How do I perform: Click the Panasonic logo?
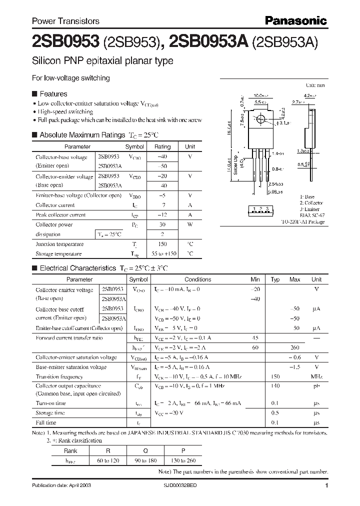(295, 20)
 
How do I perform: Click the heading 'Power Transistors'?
(65, 21)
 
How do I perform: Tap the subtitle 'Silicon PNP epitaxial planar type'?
(102, 61)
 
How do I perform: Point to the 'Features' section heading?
(53, 93)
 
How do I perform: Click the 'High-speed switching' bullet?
(65, 111)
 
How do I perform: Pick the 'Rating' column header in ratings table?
(162, 147)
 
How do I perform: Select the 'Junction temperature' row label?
(59, 244)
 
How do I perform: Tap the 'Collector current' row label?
(55, 205)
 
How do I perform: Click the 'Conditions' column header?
(197, 279)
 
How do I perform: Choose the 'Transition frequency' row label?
(59, 376)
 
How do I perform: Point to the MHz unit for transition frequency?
(316, 376)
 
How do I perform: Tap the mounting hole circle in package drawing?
(260, 120)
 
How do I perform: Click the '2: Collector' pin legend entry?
(311, 203)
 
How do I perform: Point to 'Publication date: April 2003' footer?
(61, 485)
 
